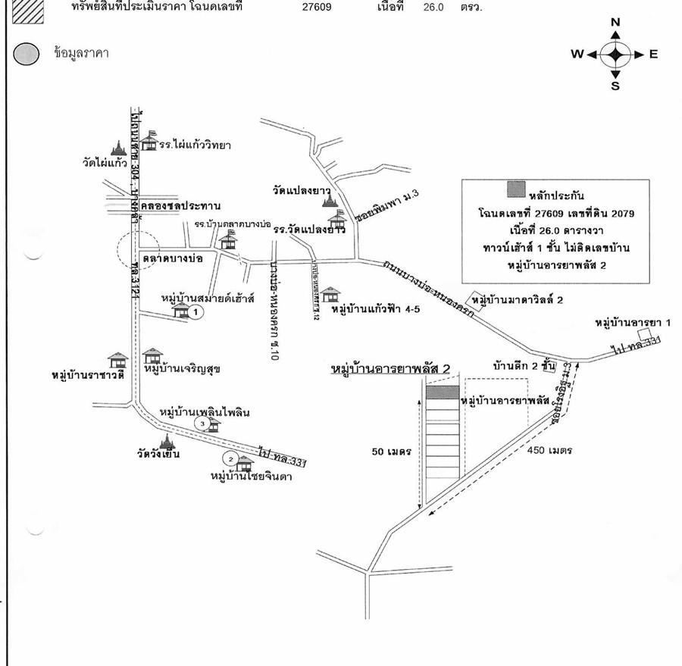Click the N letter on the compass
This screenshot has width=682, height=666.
coord(615,22)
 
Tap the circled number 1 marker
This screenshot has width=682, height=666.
coord(195,311)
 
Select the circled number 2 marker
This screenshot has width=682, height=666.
coord(229,458)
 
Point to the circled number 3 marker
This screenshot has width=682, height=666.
coord(201,424)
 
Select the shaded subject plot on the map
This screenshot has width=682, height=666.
coord(442,392)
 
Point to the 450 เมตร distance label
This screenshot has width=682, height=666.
coord(550,450)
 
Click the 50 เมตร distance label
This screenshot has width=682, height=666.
coord(391,452)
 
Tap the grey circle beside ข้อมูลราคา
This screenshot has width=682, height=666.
coord(27,54)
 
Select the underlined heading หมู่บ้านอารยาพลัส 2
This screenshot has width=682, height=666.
coord(391,369)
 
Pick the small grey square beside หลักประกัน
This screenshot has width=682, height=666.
coord(515,187)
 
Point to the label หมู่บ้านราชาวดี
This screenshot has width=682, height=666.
coord(88,375)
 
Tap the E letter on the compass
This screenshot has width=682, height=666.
coord(652,54)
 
